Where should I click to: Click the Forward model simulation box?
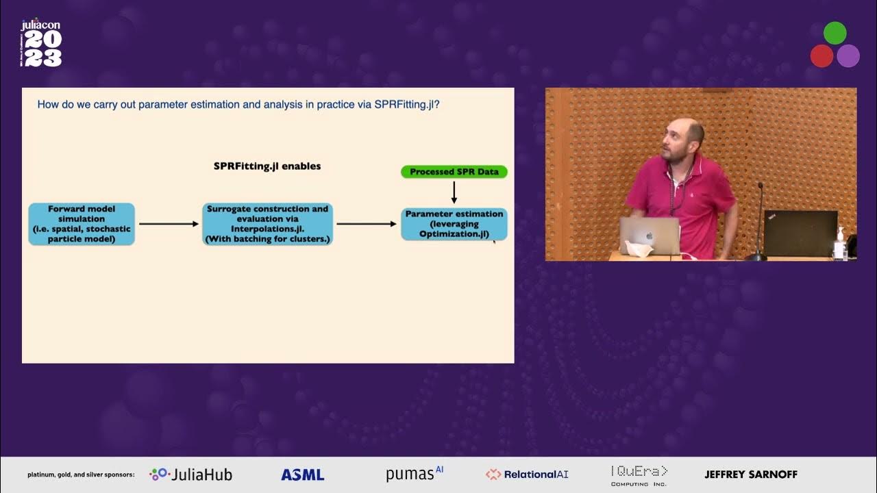82,224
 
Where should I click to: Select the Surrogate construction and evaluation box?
267,224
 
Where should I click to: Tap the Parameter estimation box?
454,224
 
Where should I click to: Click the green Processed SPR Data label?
454,171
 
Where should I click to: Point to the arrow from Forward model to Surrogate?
168,224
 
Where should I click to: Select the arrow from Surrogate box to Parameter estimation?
367,224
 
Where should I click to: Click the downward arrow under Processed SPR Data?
454,192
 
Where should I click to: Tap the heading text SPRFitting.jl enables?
267,166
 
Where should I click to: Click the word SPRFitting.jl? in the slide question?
407,105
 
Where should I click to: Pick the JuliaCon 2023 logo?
41,43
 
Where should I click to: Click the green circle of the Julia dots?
835,33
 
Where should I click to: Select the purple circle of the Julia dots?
848,55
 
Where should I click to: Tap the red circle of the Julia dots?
822,55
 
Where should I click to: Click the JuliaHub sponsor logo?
191,475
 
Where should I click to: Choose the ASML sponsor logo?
302,475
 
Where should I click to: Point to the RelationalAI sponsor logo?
527,475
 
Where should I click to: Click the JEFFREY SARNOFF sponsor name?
751,474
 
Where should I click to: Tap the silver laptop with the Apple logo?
649,236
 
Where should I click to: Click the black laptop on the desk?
800,233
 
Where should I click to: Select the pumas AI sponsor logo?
415,474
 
